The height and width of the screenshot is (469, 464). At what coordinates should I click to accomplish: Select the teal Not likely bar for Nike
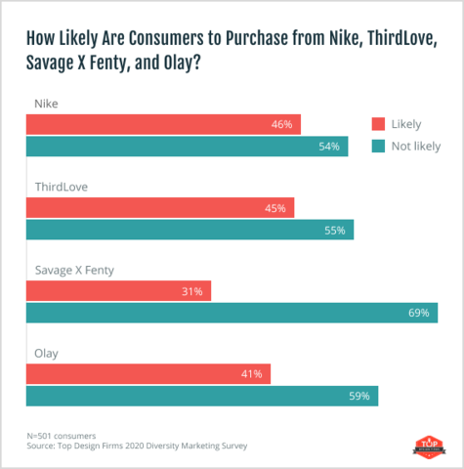click(x=187, y=147)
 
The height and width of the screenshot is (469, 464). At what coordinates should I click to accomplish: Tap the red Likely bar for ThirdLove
click(x=160, y=208)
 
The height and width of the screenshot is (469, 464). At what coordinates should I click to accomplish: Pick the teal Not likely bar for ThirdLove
click(x=190, y=230)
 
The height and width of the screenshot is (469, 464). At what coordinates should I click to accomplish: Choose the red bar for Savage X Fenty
click(x=118, y=291)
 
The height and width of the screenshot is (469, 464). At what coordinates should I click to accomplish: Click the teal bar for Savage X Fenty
click(x=232, y=313)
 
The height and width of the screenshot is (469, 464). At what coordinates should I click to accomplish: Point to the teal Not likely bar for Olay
click(x=201, y=396)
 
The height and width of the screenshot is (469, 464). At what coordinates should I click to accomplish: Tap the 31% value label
click(x=191, y=291)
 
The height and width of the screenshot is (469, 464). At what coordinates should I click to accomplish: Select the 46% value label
click(x=282, y=125)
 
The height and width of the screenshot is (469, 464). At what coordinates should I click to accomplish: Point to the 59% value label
click(x=359, y=396)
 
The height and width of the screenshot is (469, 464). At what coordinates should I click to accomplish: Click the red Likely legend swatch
click(x=379, y=124)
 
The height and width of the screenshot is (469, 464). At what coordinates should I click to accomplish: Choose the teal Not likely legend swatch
click(x=379, y=147)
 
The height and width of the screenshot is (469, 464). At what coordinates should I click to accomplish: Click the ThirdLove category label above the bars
click(x=61, y=185)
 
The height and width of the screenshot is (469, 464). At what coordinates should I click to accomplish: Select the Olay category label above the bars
click(x=47, y=351)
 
